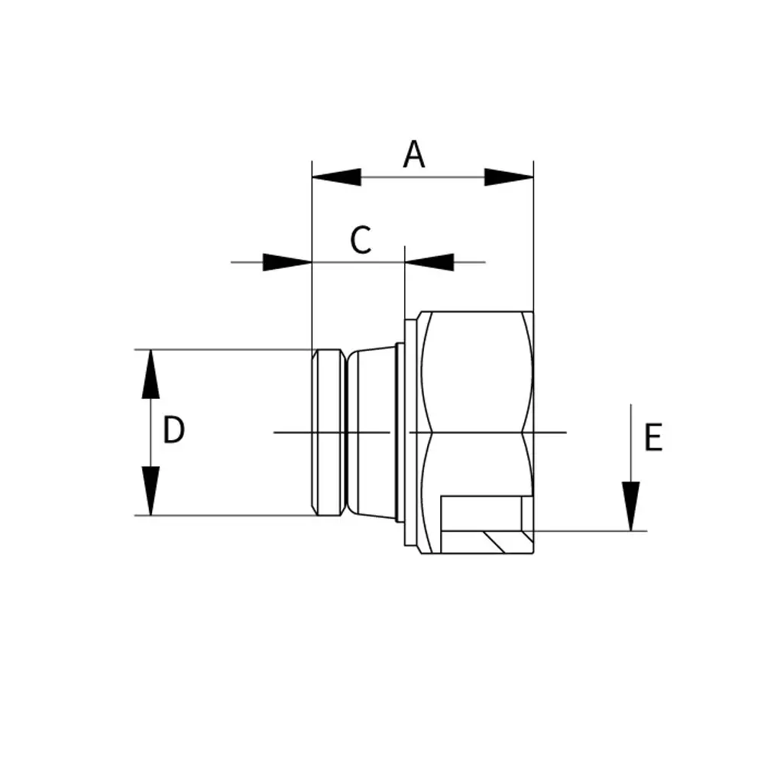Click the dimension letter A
(414, 154)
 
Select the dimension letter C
(361, 240)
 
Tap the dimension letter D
(173, 429)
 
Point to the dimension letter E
(653, 437)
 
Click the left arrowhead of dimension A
(336, 177)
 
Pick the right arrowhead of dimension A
(509, 177)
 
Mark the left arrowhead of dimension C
(287, 262)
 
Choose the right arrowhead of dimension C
(429, 262)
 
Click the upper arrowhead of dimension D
(151, 374)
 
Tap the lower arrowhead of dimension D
(151, 490)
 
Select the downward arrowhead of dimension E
(631, 507)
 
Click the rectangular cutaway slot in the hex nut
(481, 513)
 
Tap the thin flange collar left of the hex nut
(410, 432)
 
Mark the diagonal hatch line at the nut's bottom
(494, 542)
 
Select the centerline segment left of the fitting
(293, 432)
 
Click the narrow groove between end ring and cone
(346, 432)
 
